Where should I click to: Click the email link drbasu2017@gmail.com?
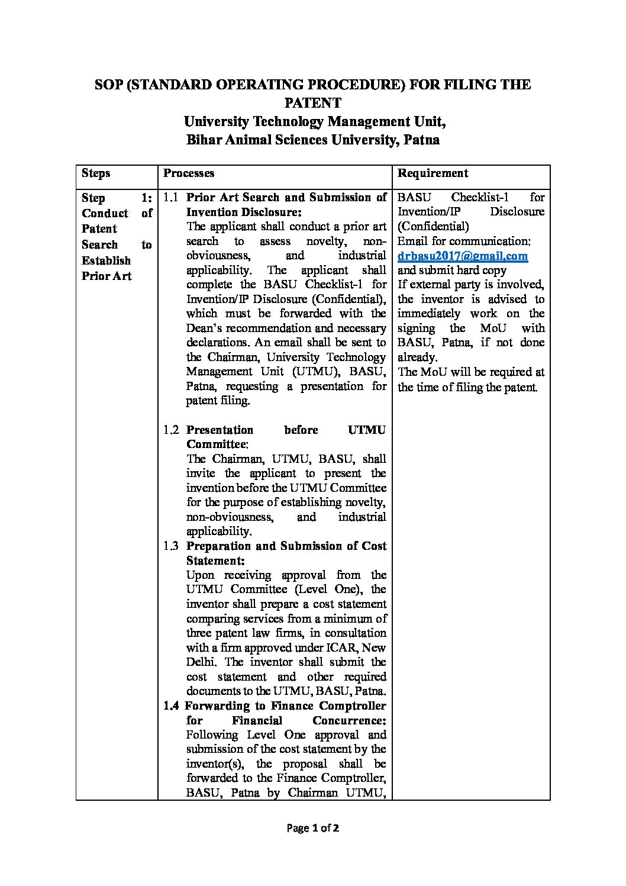click(x=462, y=256)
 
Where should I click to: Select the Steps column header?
click(x=96, y=173)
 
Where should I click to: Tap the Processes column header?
click(x=189, y=173)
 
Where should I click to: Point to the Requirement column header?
click(x=433, y=173)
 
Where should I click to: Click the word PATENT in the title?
click(x=312, y=103)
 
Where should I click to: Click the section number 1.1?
click(x=171, y=197)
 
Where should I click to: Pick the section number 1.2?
click(x=171, y=430)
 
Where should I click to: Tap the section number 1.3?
click(x=171, y=546)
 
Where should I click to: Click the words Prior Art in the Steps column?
click(x=107, y=276)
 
